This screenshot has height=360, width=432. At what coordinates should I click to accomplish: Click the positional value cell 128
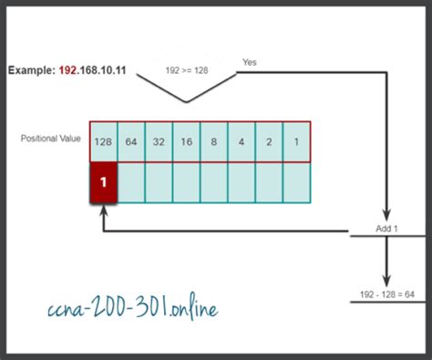click(x=104, y=141)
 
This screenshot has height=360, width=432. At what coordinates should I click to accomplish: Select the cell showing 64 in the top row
click(x=132, y=141)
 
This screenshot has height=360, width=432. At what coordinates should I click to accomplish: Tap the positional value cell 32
click(x=159, y=141)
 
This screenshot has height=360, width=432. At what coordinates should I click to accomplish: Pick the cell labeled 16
click(x=187, y=141)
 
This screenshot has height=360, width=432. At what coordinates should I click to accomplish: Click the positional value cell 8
click(x=214, y=141)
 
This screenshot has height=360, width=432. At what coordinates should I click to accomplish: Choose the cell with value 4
click(x=242, y=141)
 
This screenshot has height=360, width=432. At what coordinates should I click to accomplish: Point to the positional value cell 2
click(x=269, y=141)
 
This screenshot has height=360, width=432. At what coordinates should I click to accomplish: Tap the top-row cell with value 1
click(x=296, y=141)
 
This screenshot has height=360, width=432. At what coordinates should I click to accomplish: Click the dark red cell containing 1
click(x=104, y=181)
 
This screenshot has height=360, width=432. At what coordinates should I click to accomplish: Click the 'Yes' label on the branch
click(x=250, y=61)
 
